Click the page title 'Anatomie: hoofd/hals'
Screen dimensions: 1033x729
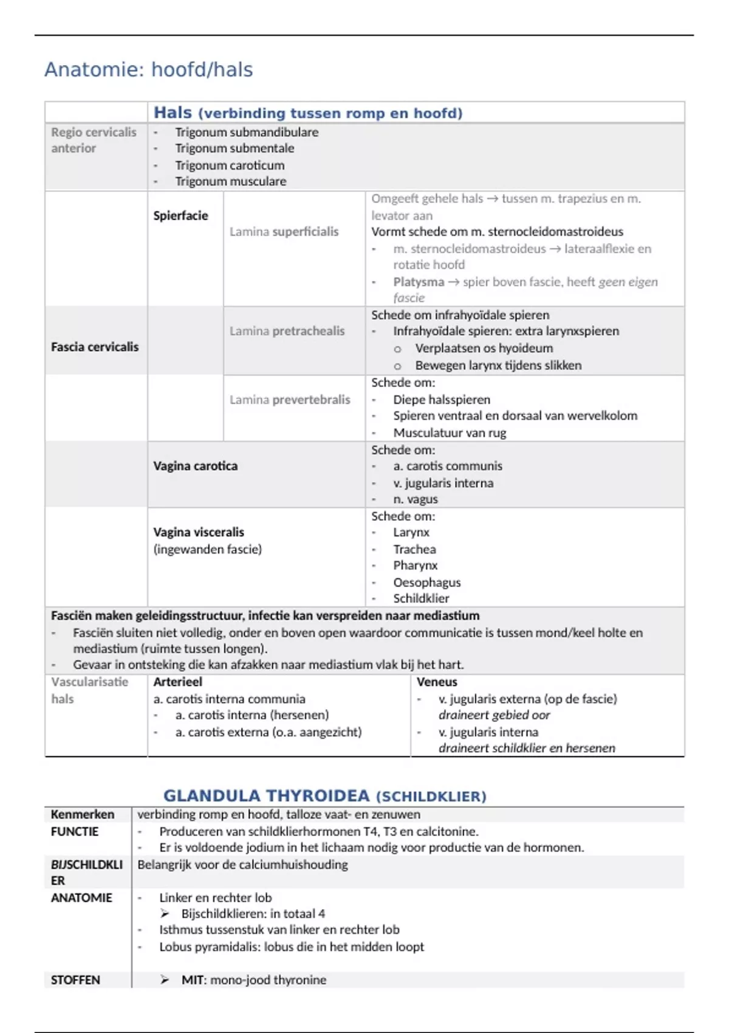point(148,70)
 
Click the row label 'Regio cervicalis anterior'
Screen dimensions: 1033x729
point(94,140)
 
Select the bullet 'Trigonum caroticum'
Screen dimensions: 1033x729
point(230,165)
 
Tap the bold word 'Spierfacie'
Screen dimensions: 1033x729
point(180,216)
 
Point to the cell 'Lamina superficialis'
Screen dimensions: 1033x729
point(284,232)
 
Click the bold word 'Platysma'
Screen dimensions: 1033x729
point(418,282)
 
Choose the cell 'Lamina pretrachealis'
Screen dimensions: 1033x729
point(287,331)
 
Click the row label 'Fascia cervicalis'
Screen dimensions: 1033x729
point(95,347)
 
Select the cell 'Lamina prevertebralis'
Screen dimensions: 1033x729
point(290,400)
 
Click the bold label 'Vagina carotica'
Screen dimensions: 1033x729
point(195,466)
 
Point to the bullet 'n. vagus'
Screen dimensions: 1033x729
point(415,499)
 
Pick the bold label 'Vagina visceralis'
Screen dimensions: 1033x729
point(199,532)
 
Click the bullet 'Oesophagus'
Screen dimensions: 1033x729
point(426,582)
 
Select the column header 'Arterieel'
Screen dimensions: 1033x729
point(177,682)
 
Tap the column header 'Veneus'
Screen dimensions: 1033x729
point(437,682)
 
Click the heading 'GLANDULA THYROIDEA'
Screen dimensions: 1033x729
point(266,795)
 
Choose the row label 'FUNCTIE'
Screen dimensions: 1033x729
point(74,831)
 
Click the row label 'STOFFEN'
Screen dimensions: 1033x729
point(75,980)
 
